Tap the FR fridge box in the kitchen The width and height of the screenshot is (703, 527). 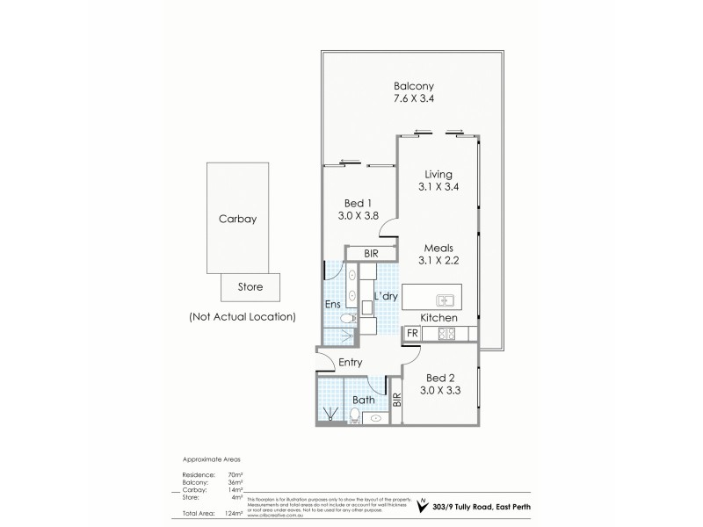410,334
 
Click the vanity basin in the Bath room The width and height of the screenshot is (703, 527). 375,419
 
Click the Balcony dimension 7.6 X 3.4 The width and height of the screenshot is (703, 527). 414,100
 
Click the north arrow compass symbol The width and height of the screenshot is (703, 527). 425,506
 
